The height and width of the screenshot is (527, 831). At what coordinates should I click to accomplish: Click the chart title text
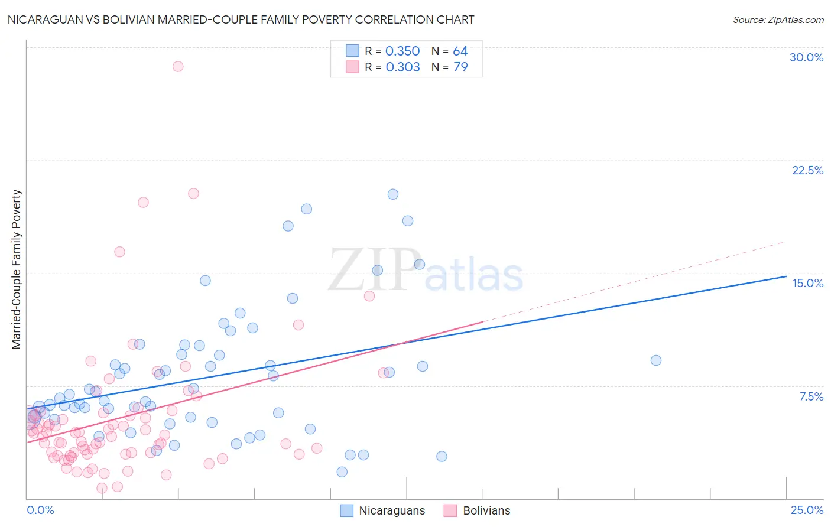point(241,19)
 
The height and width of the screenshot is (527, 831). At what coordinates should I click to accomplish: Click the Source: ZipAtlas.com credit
point(778,20)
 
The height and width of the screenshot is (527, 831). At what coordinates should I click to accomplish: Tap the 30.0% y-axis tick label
point(806,57)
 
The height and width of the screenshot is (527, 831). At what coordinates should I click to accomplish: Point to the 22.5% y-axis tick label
point(807,170)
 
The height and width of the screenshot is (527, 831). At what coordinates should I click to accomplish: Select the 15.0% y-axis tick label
point(807,283)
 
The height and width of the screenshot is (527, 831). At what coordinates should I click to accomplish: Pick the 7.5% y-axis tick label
point(811,396)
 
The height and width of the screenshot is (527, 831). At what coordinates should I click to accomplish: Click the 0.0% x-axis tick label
point(40,510)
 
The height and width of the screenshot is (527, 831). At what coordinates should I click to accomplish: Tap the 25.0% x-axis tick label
point(807,510)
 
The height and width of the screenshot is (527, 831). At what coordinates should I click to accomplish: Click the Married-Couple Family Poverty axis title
point(17,269)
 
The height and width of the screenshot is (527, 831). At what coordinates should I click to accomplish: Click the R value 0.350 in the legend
point(402,51)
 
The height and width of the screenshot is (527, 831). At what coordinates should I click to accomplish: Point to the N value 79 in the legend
point(460,67)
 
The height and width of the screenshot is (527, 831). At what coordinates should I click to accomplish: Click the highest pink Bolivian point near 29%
point(178,66)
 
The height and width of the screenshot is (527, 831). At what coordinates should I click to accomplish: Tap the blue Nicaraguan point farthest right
point(655,360)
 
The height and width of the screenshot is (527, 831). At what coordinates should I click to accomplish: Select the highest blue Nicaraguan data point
point(392,194)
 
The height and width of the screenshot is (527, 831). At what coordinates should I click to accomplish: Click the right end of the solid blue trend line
point(786,276)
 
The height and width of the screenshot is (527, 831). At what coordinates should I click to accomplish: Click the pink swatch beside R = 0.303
point(352,67)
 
